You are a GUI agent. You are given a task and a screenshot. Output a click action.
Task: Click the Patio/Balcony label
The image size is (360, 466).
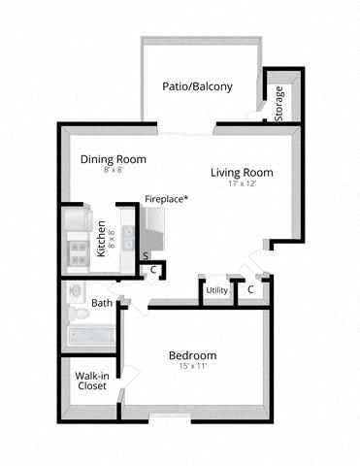tap(197, 86)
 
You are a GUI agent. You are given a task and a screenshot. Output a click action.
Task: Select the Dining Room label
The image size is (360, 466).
tap(112, 159)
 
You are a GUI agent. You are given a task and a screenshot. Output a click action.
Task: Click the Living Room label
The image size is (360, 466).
tap(242, 173)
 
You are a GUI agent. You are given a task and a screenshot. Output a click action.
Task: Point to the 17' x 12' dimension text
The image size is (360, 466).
tap(242, 184)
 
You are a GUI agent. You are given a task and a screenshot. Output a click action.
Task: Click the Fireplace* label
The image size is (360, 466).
tap(166, 199)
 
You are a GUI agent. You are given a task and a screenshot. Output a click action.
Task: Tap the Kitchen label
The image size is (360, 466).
tap(101, 239)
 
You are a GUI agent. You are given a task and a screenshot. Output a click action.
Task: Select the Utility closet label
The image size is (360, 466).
tap(216, 289)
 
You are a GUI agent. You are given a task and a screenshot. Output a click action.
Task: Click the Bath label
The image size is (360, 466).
tap(101, 303)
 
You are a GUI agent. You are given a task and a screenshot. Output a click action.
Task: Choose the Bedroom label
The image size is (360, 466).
tap(193, 355)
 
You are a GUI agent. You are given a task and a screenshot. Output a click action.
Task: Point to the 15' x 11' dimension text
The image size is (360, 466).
tap(193, 367)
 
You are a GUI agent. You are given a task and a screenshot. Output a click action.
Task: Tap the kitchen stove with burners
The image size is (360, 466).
tap(77, 254)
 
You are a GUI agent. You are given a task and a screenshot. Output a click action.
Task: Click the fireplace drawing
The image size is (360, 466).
tap(155, 228)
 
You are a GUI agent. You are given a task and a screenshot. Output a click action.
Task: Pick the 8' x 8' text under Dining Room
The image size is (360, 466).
tap(112, 171)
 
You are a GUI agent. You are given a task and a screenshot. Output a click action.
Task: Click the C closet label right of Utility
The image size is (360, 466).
tap(250, 289)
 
